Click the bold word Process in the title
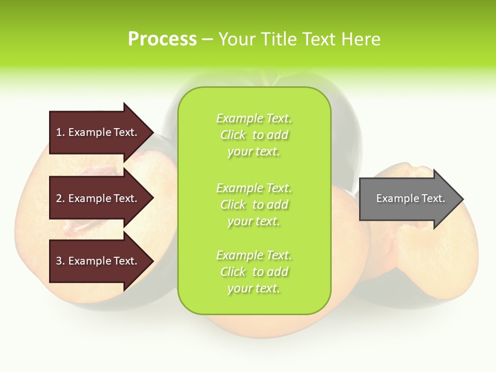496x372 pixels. (162, 39)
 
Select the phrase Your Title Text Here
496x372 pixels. (299, 39)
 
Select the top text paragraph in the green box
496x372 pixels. (254, 135)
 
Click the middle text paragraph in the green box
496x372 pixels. (254, 204)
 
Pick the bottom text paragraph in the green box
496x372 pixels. (254, 272)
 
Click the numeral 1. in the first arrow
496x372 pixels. (60, 132)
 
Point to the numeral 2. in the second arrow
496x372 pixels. (60, 198)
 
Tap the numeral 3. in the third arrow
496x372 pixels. (60, 261)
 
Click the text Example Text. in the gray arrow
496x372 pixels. (410, 198)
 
